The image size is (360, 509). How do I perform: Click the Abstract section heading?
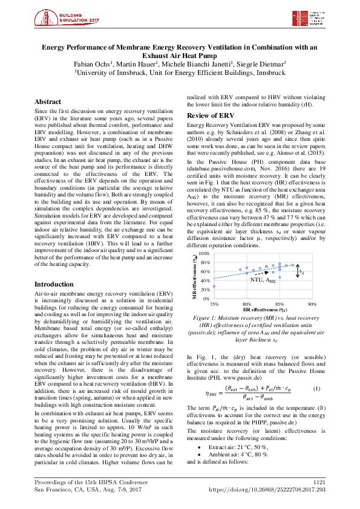tap(48, 102)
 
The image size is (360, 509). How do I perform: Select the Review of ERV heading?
tap(210, 115)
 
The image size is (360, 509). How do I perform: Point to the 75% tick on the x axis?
tap(214, 303)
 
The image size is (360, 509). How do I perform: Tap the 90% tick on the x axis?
tap(312, 303)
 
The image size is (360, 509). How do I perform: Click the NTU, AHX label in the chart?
tap(263, 280)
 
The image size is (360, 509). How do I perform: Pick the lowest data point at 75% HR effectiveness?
tap(214, 287)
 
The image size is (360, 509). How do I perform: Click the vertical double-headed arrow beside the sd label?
tap(297, 272)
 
